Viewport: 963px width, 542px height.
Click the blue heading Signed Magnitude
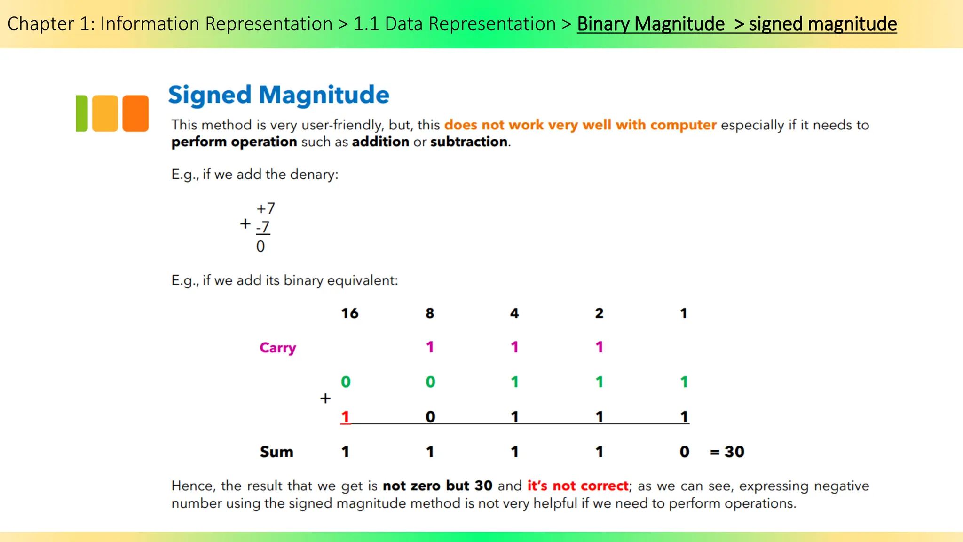(x=278, y=95)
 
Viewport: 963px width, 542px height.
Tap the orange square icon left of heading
(x=135, y=113)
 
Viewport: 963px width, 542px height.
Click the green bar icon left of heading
(x=82, y=113)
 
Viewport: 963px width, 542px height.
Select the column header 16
(x=349, y=313)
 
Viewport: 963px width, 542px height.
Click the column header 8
(x=430, y=313)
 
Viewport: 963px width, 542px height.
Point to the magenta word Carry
(x=277, y=348)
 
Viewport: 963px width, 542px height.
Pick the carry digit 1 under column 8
(x=430, y=347)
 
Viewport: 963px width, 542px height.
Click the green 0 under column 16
(x=346, y=382)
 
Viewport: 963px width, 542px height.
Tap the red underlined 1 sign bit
(x=345, y=417)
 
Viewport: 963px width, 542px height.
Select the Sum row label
(x=276, y=452)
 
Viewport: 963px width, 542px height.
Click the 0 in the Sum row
(x=684, y=452)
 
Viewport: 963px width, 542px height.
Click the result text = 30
(x=727, y=452)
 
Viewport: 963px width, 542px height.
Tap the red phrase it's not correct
(x=577, y=486)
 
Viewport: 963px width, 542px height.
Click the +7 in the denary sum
(x=266, y=208)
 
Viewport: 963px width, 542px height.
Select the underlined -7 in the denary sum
(x=263, y=227)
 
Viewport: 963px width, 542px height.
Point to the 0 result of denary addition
(x=260, y=247)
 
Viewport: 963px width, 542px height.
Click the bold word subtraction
(x=469, y=142)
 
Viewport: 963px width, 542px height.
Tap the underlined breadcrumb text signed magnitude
(x=822, y=24)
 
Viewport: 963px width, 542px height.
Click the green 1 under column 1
(x=684, y=382)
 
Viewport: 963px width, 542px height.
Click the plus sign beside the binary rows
(x=325, y=399)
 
